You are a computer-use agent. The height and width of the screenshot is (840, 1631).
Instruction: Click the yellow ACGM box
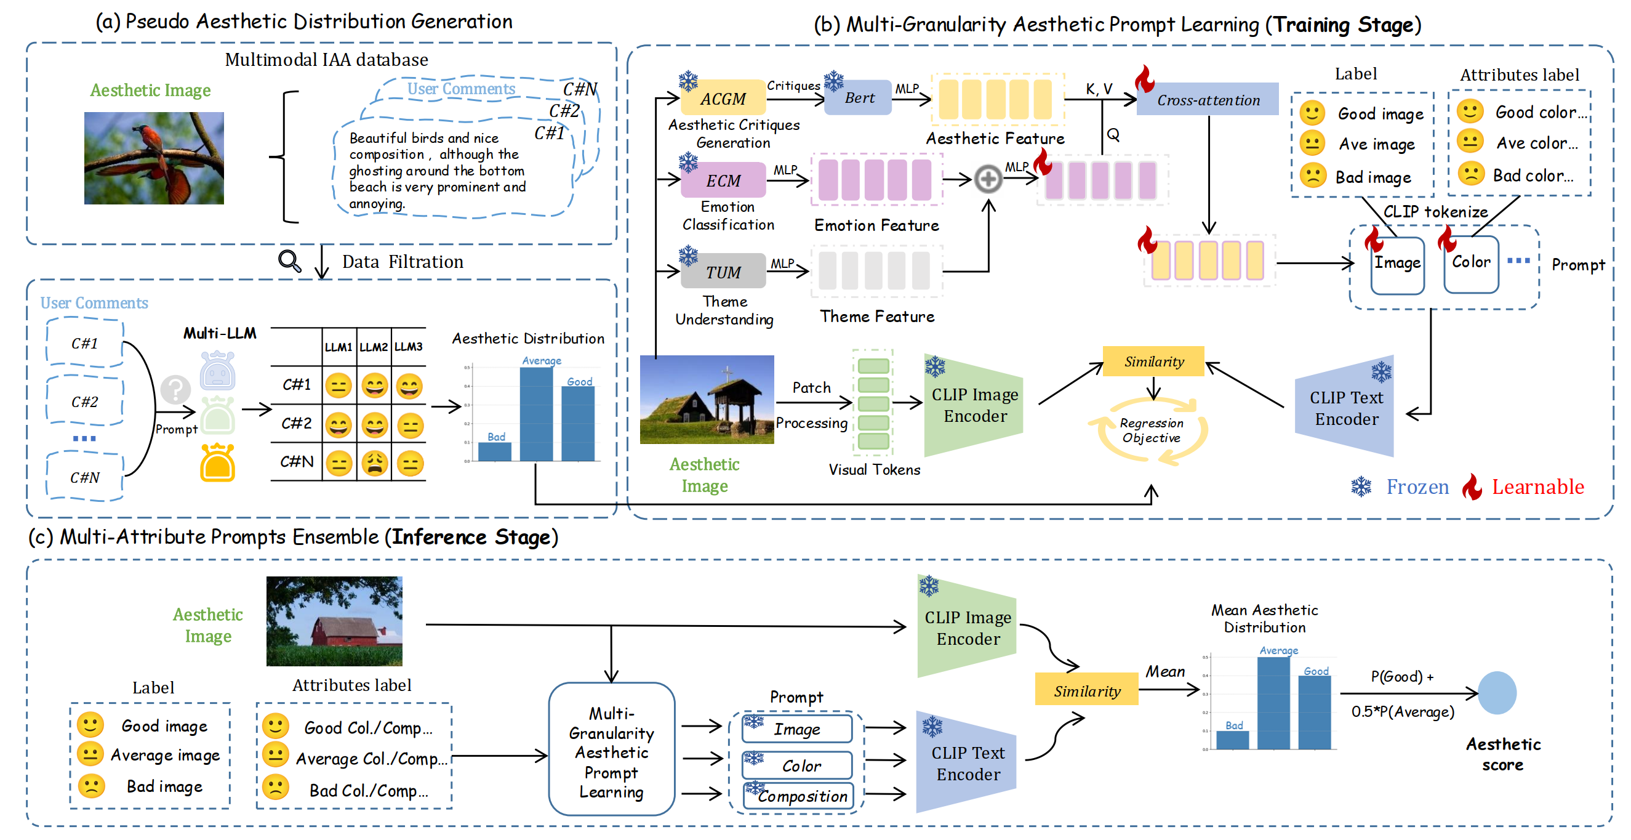tap(723, 98)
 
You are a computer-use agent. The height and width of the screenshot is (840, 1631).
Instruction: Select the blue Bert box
tap(859, 97)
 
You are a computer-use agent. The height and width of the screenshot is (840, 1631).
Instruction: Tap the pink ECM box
tap(723, 180)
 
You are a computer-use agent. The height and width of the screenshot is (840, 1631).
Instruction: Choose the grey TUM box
tap(723, 272)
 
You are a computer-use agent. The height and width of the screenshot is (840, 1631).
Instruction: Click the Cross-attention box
tap(1208, 99)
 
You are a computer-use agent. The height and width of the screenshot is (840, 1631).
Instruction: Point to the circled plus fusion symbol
tap(988, 179)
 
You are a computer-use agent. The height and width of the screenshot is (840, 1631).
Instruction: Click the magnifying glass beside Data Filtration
tap(289, 260)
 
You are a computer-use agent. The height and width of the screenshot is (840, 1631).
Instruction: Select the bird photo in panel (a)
tap(154, 158)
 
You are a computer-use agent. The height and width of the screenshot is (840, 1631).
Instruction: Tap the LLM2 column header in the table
tap(374, 347)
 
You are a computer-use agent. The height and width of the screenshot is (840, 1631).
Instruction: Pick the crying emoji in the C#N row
tap(375, 463)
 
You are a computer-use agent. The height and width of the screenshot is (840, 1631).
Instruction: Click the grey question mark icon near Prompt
tap(175, 389)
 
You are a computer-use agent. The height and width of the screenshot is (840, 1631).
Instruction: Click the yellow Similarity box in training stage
tap(1153, 361)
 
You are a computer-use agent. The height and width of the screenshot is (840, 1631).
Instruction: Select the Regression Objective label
tap(1151, 430)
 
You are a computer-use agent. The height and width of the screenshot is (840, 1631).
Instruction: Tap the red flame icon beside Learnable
tap(1472, 487)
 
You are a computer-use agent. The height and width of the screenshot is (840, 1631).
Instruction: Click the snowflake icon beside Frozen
tap(1361, 487)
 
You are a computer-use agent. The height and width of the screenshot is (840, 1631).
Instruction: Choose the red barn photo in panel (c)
tap(334, 621)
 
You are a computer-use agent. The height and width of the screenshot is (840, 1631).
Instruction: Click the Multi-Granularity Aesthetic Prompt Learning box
tap(611, 749)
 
